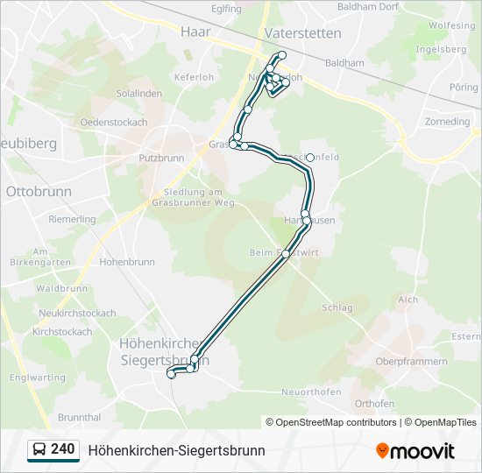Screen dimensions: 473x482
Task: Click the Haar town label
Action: click(x=191, y=32)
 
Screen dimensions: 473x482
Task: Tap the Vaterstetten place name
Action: click(x=302, y=32)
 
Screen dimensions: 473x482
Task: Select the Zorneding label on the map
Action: click(x=447, y=121)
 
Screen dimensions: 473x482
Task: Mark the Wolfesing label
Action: click(x=451, y=26)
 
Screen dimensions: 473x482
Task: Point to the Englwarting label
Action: click(x=36, y=378)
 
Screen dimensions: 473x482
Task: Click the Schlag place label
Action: click(x=337, y=307)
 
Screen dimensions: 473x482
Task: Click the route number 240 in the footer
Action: click(x=62, y=449)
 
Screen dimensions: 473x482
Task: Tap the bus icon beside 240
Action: click(x=39, y=450)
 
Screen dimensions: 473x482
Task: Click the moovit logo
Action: click(x=415, y=451)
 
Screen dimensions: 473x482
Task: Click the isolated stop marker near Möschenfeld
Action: click(x=310, y=158)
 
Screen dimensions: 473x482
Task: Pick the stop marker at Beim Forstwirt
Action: click(x=286, y=254)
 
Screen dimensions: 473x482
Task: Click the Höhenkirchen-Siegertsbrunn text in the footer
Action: click(x=176, y=450)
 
